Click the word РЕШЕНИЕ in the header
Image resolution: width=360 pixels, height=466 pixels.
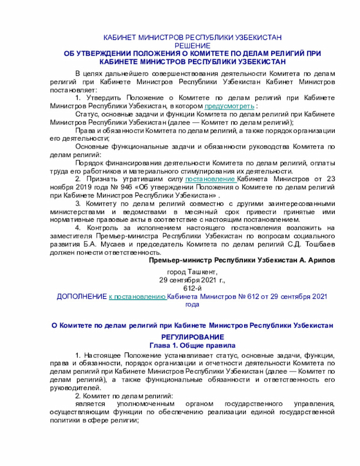(192, 45)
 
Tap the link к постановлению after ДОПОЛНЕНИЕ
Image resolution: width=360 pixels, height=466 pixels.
(137, 296)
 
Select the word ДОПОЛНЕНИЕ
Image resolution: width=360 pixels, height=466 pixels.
(82, 296)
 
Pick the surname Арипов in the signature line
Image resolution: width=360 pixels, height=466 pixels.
(322, 261)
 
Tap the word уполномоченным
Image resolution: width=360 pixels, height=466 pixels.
(143, 404)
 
